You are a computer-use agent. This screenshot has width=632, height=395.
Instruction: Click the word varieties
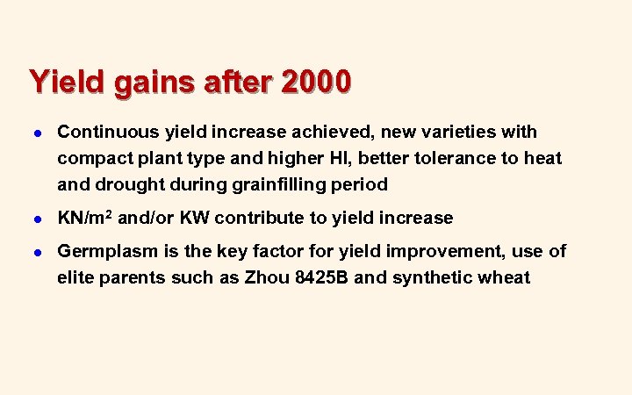(460, 133)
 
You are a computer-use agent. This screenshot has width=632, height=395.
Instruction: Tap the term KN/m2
(86, 219)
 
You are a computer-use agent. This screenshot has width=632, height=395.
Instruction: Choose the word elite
(77, 279)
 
